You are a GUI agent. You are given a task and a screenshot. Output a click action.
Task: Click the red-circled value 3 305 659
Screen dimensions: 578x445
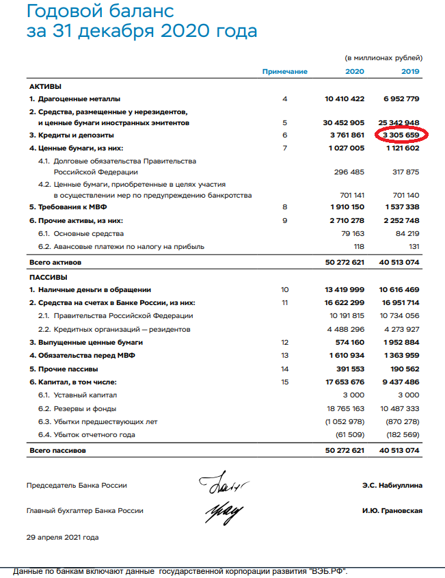click(x=401, y=135)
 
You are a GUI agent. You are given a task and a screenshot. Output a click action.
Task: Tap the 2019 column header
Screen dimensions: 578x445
click(x=410, y=72)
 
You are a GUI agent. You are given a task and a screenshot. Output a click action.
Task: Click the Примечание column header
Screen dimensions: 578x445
click(x=284, y=72)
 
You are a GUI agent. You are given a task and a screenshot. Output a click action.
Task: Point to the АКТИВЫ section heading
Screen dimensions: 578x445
click(x=45, y=87)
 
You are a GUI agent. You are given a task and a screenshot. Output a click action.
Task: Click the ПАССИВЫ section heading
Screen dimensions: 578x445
click(x=48, y=278)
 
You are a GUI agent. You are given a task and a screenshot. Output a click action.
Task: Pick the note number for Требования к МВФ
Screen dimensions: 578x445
click(x=284, y=206)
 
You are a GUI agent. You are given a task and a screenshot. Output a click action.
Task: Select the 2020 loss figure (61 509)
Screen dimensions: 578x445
click(x=349, y=435)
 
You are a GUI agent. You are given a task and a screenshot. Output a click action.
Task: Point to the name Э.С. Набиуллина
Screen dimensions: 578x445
click(x=392, y=486)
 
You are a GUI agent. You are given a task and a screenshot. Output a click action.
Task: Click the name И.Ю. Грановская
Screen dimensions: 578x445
click(x=391, y=511)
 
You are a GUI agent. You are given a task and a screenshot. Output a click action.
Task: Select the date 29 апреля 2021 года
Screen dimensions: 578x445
click(x=62, y=538)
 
